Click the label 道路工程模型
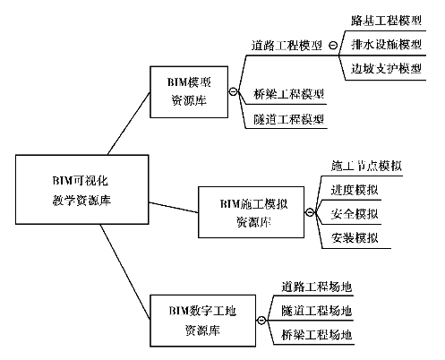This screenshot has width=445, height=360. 287,46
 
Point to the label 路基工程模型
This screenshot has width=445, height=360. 386,21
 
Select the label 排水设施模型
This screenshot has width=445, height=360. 386,45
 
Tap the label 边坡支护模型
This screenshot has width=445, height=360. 386,69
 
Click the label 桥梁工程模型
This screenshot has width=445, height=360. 288,94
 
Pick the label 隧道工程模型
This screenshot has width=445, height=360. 288,119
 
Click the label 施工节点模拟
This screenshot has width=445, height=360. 366,166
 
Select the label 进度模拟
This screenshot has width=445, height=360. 355,190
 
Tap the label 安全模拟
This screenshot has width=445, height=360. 355,214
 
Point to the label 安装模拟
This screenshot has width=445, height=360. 355,238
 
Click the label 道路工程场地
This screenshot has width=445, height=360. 316,287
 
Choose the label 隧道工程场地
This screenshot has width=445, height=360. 316,311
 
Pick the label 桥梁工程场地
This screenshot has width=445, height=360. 316,335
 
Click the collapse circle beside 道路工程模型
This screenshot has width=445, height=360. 333,46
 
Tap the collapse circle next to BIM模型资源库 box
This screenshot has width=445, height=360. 233,91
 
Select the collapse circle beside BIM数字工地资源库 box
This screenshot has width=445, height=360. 261,321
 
